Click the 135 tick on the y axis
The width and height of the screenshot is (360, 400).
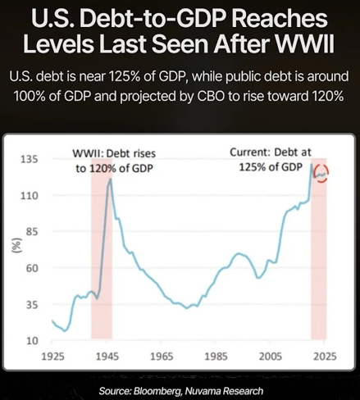tap(29, 159)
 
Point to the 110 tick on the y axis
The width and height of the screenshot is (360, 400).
tap(29, 196)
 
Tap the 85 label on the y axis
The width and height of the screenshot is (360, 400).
tap(32, 232)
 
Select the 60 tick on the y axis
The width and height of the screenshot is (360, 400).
tap(32, 268)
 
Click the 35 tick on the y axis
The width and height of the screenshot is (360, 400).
tap(32, 305)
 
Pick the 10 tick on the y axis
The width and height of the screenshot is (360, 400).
tap(32, 341)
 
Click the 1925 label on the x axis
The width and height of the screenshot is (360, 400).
tap(52, 357)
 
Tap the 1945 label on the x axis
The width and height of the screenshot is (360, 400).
tap(107, 357)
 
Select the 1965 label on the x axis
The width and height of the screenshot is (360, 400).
tap(162, 357)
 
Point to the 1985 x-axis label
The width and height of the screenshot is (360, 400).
tap(216, 357)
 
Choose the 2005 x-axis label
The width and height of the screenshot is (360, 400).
tap(270, 357)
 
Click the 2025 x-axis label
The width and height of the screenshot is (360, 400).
tap(325, 357)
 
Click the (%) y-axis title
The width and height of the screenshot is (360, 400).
tap(16, 245)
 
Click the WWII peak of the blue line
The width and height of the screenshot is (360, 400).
tap(110, 179)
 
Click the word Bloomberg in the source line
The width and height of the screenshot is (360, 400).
tap(157, 391)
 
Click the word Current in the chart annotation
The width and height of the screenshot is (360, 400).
tap(250, 152)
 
